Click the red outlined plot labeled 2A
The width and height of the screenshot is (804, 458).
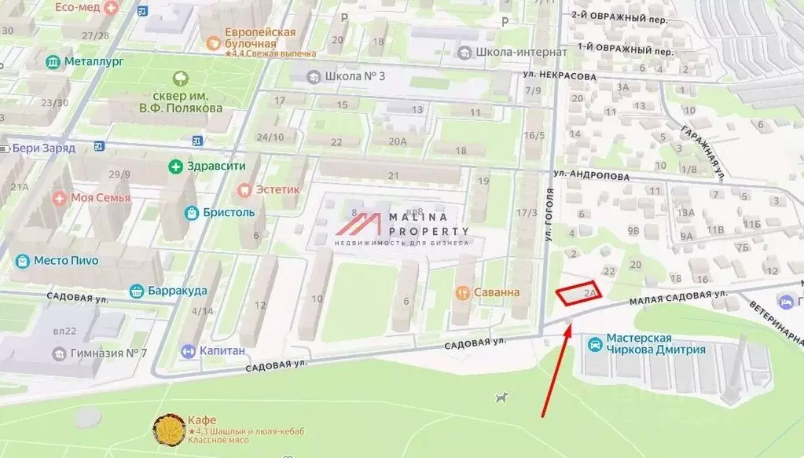coord(578,292)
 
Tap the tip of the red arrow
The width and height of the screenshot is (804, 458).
coord(569,324)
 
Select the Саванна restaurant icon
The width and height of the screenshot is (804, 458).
coord(463,292)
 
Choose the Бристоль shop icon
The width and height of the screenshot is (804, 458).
coord(191,212)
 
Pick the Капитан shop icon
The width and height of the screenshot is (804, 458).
coord(188,351)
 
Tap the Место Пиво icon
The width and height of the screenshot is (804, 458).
coord(23,260)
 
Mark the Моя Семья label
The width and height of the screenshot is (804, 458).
coord(101,197)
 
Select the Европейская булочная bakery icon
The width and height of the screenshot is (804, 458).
coord(211,44)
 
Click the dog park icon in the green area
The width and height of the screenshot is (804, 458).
coord(501,398)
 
